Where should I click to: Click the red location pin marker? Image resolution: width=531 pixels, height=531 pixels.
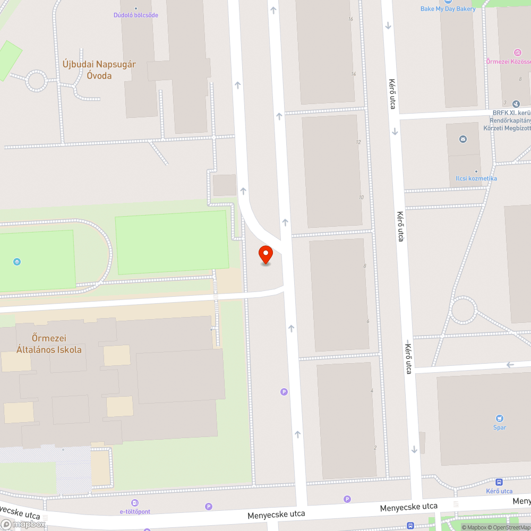coord(265,254)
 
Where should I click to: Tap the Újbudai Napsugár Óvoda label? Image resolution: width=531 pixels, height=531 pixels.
coord(99,70)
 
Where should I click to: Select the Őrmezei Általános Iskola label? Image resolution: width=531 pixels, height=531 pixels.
coord(49,344)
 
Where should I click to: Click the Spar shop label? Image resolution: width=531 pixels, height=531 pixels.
coord(499,427)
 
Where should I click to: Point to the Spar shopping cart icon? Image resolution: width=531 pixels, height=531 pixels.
coord(499,418)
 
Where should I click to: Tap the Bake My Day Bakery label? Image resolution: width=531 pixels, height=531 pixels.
coord(448,8)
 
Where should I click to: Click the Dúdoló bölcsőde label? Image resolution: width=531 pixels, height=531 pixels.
coord(136,15)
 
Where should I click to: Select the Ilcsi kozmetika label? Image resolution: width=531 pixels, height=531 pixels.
coord(476,178)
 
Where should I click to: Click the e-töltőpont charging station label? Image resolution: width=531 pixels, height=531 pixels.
coord(135,511)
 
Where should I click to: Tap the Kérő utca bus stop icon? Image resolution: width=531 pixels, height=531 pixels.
coord(499,482)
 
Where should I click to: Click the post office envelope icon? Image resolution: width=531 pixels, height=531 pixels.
coord(463,139)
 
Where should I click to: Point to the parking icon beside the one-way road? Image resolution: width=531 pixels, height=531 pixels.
coord(284,392)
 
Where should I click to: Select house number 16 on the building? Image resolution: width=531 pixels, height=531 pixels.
coord(350,19)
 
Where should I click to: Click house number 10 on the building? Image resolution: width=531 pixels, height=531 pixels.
coord(361,198)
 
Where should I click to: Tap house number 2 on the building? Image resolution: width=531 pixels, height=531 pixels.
coord(375,448)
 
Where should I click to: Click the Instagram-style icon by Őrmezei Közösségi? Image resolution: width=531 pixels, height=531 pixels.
coord(517,52)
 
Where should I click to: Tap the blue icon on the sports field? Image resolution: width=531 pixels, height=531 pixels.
coord(17,261)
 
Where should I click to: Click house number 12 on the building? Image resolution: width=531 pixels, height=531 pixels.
coord(358,142)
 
